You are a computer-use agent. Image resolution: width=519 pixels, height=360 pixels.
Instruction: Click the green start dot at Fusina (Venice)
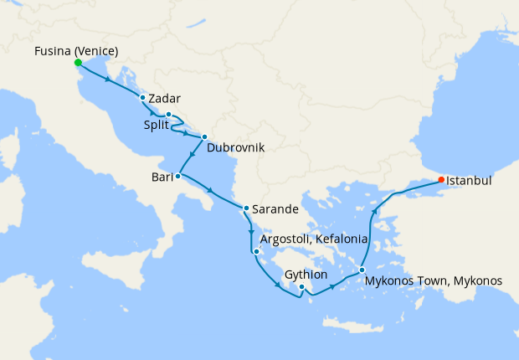click(77, 63)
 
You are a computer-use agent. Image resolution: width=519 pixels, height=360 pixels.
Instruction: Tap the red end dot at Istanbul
click(441, 180)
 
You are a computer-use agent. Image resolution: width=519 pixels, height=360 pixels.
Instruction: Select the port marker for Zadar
click(143, 98)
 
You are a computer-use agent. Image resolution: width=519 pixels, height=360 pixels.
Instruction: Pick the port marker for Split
click(168, 115)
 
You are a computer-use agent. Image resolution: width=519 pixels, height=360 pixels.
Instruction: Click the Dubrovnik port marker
click(204, 136)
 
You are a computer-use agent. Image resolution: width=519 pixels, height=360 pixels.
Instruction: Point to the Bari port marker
click(177, 176)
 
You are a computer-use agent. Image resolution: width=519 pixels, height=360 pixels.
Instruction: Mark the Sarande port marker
click(246, 208)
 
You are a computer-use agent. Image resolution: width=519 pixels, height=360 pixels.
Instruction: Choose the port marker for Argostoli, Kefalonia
click(256, 250)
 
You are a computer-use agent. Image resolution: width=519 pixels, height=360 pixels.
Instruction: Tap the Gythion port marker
click(302, 287)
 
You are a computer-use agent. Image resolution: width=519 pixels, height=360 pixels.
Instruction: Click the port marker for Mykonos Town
click(362, 270)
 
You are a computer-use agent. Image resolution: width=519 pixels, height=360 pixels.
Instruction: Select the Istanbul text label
click(469, 180)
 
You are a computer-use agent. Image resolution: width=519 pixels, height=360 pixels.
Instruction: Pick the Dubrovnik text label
click(235, 147)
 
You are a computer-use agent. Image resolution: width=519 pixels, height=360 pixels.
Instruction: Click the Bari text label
click(162, 177)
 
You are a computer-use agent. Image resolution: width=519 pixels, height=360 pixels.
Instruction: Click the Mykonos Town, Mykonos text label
click(434, 281)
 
